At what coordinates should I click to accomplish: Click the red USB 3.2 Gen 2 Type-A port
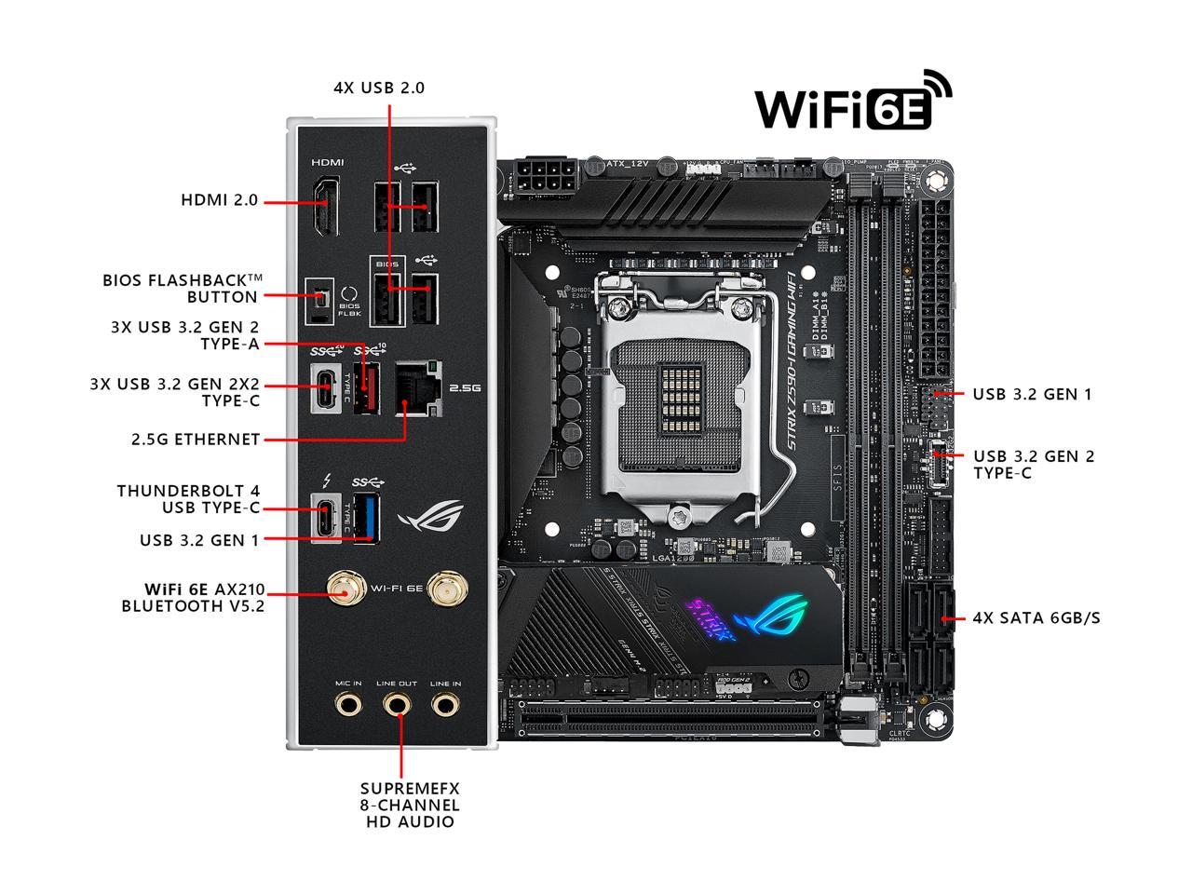click(366, 387)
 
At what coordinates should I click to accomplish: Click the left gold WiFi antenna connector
click(345, 589)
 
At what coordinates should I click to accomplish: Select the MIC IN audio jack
click(349, 704)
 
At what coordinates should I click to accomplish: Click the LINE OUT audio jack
click(398, 704)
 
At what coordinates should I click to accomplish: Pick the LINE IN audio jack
click(446, 704)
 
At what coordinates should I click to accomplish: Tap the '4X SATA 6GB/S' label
click(1036, 617)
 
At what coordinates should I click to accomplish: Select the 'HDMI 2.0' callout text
click(219, 200)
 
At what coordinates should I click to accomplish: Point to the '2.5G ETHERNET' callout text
click(196, 439)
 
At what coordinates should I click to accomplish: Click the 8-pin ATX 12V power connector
click(549, 178)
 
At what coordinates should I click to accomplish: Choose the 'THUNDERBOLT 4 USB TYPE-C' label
click(188, 499)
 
